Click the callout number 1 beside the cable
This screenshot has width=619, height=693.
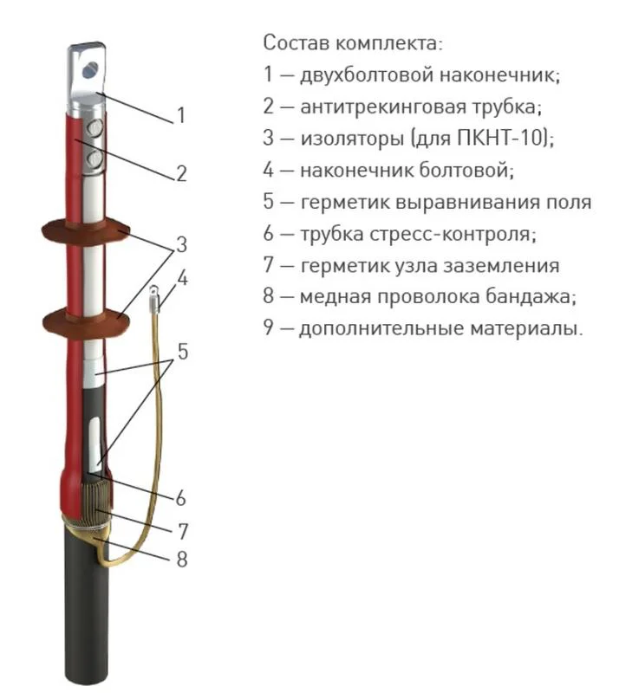(x=180, y=115)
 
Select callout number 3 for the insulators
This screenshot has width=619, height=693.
(x=181, y=244)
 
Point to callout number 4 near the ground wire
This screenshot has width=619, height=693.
(x=182, y=278)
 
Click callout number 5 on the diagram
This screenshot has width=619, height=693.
(x=182, y=352)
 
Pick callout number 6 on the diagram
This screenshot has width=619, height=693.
(x=180, y=498)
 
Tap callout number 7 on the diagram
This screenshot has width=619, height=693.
(x=182, y=531)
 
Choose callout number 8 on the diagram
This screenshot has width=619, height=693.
(x=182, y=559)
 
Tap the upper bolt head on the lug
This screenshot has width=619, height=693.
(x=94, y=128)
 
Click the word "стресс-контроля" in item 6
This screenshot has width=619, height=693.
(x=453, y=234)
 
